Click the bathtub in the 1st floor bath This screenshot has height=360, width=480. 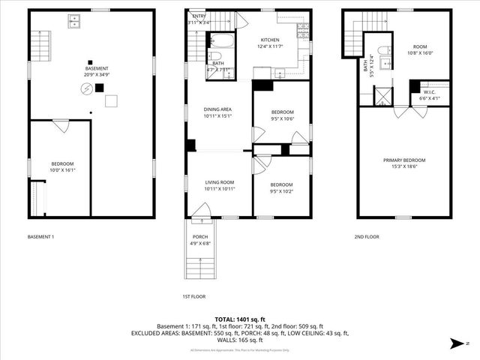click(221, 57)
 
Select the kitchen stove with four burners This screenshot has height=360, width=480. click(302, 29)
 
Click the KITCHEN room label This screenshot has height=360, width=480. click(270, 40)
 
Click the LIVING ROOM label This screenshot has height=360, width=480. click(220, 182)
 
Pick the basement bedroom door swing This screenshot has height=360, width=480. click(59, 128)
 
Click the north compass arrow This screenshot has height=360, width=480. click(456, 344)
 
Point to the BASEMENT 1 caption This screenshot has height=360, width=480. click(40, 237)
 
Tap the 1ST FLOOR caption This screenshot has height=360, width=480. click(193, 295)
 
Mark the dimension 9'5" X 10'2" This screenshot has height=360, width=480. click(281, 190)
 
